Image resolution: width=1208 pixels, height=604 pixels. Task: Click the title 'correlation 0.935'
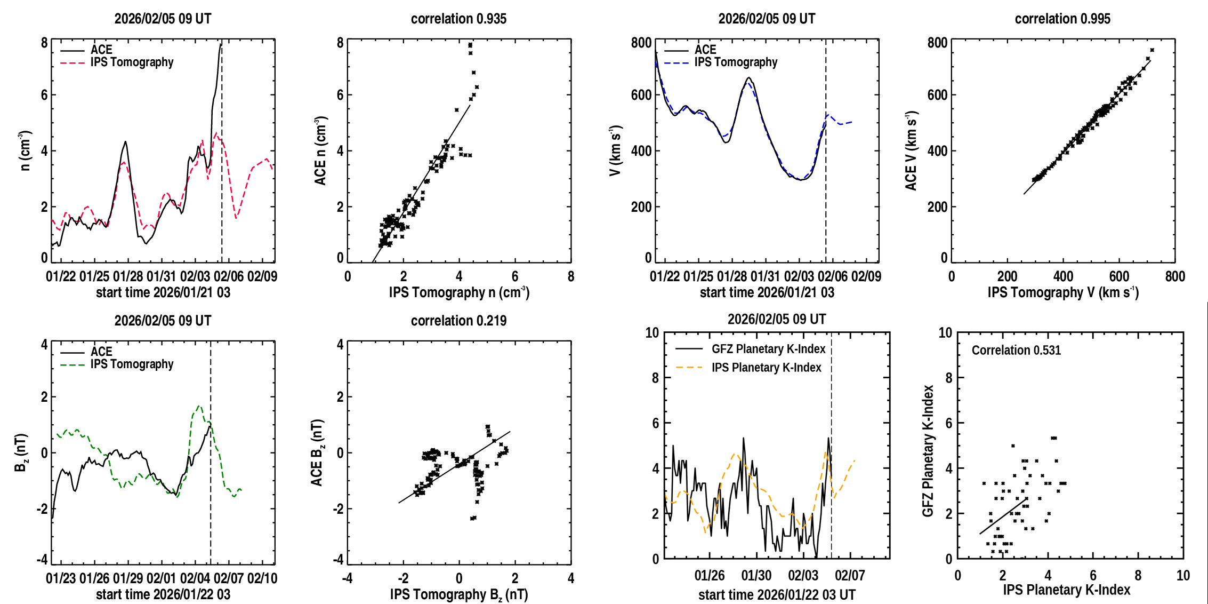[x=458, y=19]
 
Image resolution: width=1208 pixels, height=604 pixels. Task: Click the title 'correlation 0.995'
[x=1062, y=19]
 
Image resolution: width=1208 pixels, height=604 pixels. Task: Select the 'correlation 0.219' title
[x=458, y=321]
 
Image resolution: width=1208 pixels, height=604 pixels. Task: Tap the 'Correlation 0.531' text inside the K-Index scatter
[x=1016, y=350]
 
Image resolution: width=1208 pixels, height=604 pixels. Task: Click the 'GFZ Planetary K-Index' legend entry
[x=768, y=349]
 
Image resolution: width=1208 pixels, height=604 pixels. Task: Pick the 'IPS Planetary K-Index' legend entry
[x=766, y=368]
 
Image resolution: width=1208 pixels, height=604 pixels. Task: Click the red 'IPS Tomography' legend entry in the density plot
[x=132, y=62]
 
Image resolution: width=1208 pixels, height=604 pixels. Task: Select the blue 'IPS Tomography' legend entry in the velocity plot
[x=736, y=62]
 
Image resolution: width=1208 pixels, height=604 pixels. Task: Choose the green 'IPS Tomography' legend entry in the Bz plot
[x=132, y=364]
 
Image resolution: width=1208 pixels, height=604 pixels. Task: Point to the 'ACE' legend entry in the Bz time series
[x=101, y=352]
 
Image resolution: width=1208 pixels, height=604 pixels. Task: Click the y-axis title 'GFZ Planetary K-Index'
[x=928, y=451]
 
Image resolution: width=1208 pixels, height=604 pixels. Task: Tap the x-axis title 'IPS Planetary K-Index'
[x=1066, y=590]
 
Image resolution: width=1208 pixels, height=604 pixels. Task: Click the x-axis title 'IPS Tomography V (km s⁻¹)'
[x=1063, y=292]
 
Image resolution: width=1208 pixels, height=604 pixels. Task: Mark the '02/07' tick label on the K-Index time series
[x=850, y=575]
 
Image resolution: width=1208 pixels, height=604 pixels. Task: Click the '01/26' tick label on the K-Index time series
[x=710, y=575]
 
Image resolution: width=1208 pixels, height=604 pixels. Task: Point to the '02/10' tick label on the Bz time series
[x=262, y=578]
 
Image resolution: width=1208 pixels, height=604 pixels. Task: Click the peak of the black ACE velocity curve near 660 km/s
[x=749, y=78]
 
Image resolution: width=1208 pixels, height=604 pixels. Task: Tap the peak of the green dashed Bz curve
[x=199, y=406]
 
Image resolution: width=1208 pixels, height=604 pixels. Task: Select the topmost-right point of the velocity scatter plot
[x=1152, y=50]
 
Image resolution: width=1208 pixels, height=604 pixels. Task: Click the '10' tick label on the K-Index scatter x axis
[x=1183, y=575]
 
